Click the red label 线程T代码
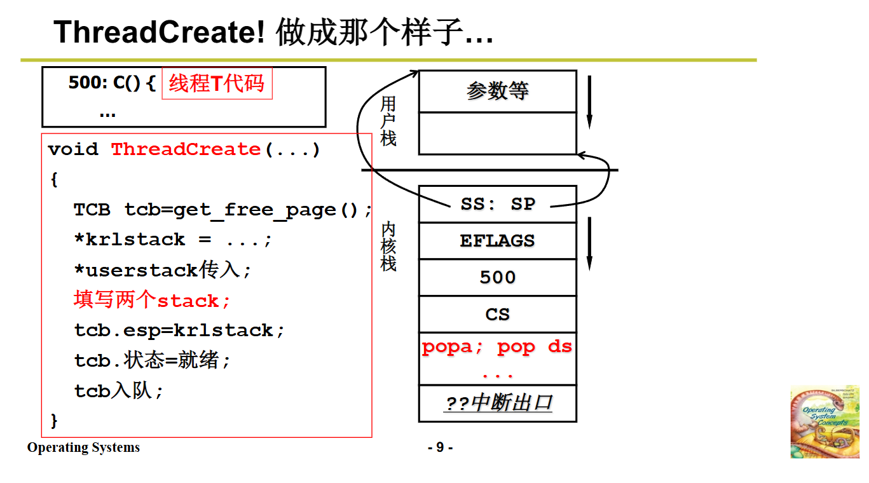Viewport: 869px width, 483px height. point(217,83)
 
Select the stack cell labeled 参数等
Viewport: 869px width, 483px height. point(497,92)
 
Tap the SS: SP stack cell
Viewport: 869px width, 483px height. point(497,204)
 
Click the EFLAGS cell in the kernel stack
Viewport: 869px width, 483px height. point(497,241)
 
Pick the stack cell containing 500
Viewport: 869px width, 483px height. point(497,277)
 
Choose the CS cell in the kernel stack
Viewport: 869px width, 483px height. point(497,314)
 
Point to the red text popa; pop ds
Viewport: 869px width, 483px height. point(497,347)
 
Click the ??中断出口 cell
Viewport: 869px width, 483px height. point(497,404)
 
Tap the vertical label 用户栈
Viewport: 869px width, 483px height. point(388,121)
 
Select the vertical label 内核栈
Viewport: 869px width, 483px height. point(388,246)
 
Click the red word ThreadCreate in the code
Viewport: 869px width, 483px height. point(186,149)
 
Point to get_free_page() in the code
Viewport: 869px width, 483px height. point(266,210)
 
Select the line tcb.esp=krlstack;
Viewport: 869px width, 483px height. point(179,330)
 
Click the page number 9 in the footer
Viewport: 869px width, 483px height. point(440,447)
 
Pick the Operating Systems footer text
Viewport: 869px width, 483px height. point(83,447)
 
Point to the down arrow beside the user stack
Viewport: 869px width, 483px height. point(589,102)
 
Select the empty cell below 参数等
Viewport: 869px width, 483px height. point(497,133)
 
